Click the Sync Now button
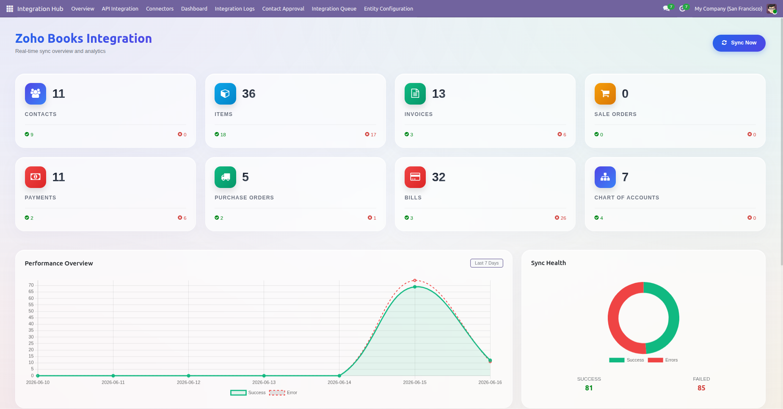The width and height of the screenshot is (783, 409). click(739, 43)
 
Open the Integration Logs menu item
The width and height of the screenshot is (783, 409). click(234, 8)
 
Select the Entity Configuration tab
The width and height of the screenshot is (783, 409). click(389, 8)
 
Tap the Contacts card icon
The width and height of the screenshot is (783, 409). click(36, 94)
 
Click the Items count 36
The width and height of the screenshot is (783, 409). click(249, 94)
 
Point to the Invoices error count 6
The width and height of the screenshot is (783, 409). click(562, 134)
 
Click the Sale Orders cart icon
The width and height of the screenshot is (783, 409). click(605, 94)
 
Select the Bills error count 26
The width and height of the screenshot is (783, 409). click(560, 218)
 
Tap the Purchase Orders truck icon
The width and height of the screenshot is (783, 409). click(225, 177)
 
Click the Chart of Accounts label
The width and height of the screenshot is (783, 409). click(627, 198)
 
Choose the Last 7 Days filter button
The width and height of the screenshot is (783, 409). click(487, 263)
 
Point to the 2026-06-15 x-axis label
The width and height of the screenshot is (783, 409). click(415, 382)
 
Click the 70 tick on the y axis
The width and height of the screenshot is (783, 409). click(31, 285)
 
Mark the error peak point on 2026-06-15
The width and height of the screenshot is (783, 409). click(415, 280)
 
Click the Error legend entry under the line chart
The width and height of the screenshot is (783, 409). click(283, 392)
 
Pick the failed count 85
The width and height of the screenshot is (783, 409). click(701, 388)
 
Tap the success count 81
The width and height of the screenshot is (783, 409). click(589, 388)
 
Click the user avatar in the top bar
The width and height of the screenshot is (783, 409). click(772, 8)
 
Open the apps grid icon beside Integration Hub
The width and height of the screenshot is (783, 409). click(10, 8)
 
